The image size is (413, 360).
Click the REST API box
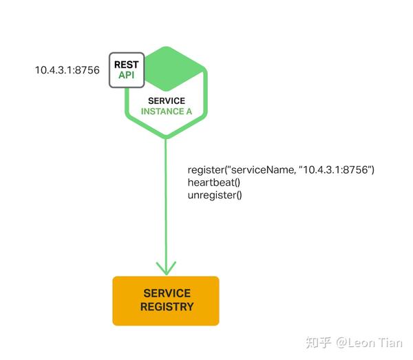[127, 70]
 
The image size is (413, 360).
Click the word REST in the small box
[127, 65]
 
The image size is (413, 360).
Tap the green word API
[127, 75]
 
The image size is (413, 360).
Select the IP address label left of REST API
[67, 70]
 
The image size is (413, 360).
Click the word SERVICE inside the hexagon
[167, 100]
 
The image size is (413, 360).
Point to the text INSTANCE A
[167, 112]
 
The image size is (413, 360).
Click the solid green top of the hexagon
[175, 68]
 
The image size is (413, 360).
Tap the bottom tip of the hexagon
[166, 138]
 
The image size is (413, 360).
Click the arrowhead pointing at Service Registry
[166, 268]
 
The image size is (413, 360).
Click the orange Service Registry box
[166, 301]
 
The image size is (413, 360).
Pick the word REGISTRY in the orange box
[167, 307]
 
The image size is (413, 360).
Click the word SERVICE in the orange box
[167, 293]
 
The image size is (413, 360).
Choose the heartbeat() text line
[214, 182]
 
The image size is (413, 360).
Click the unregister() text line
[215, 195]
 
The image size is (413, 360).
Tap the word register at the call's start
[206, 170]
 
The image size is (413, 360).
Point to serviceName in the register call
[263, 170]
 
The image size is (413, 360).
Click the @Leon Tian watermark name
[369, 343]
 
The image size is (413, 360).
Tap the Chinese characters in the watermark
[319, 343]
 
